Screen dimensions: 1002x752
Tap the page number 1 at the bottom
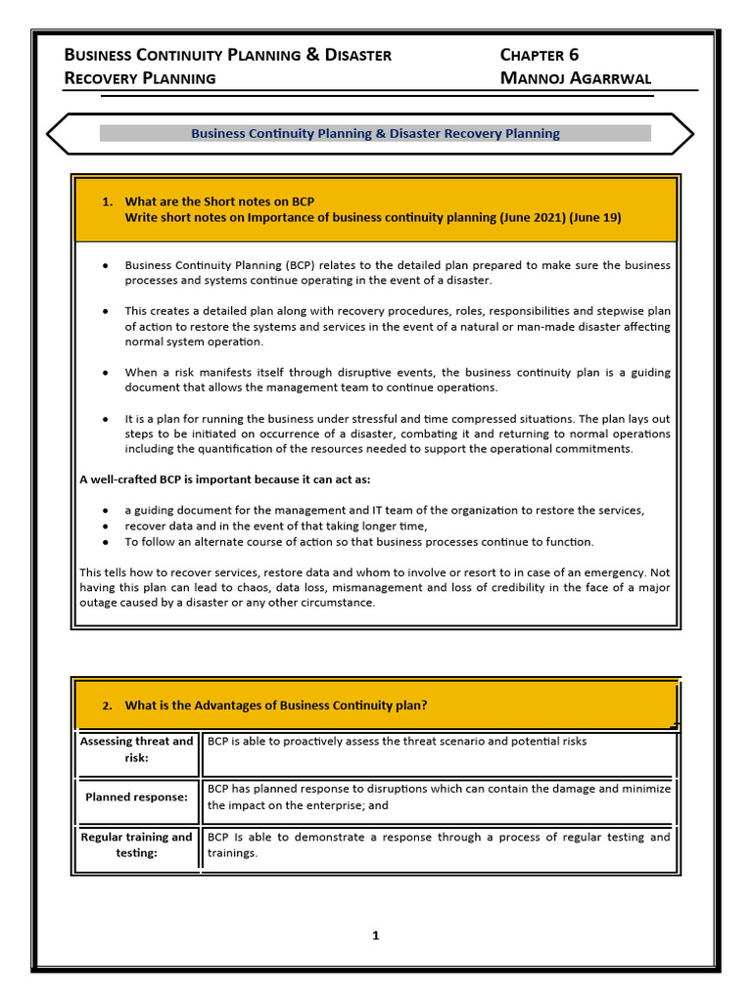(x=375, y=935)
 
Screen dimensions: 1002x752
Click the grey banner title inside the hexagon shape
(x=375, y=134)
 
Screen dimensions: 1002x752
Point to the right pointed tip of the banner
(x=693, y=134)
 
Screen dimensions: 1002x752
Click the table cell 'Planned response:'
(x=136, y=797)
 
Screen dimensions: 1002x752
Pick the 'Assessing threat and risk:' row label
(x=136, y=750)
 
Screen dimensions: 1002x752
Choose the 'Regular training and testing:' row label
(x=136, y=844)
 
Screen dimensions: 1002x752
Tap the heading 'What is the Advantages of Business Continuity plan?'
(x=276, y=706)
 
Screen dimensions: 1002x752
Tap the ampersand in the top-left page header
(x=313, y=55)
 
